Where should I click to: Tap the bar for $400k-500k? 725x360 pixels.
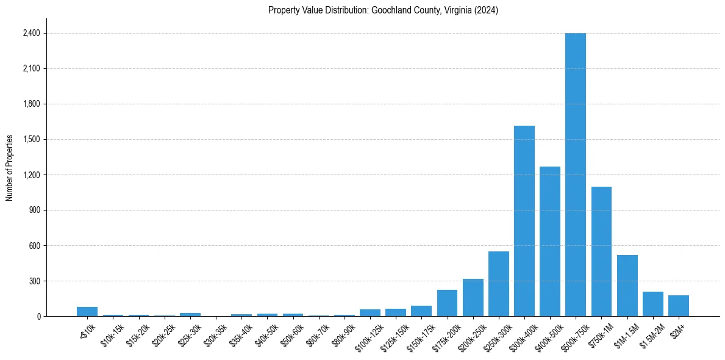pos(550,241)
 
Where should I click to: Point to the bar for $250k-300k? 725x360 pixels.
pos(499,284)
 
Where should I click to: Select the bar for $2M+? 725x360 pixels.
pos(679,306)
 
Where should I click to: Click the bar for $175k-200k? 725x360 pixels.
pos(447,303)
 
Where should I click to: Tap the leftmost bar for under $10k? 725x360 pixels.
pos(87,312)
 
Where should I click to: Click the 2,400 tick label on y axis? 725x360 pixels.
pos(31,33)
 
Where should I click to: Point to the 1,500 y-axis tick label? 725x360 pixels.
pos(31,139)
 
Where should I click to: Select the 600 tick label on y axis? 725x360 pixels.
pos(34,245)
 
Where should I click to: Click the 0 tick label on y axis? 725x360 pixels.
pos(38,316)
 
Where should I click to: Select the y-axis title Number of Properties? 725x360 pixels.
pos(10,167)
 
